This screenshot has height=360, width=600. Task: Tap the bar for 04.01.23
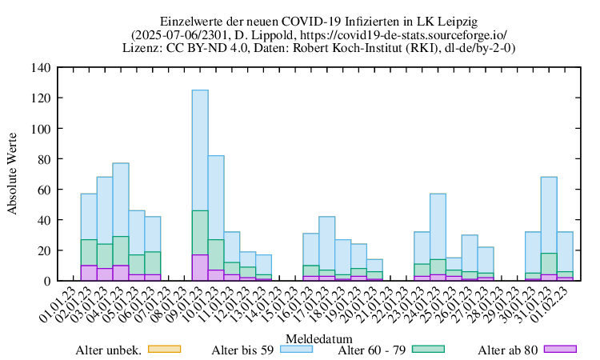pos(121,200)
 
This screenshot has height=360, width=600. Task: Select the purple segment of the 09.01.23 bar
pos(200,268)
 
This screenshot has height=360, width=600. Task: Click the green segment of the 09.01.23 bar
pos(200,233)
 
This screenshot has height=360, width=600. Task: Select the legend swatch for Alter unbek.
pos(166,349)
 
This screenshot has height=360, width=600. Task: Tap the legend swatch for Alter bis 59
pos(295,349)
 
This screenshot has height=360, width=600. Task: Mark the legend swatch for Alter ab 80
pos(559,349)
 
